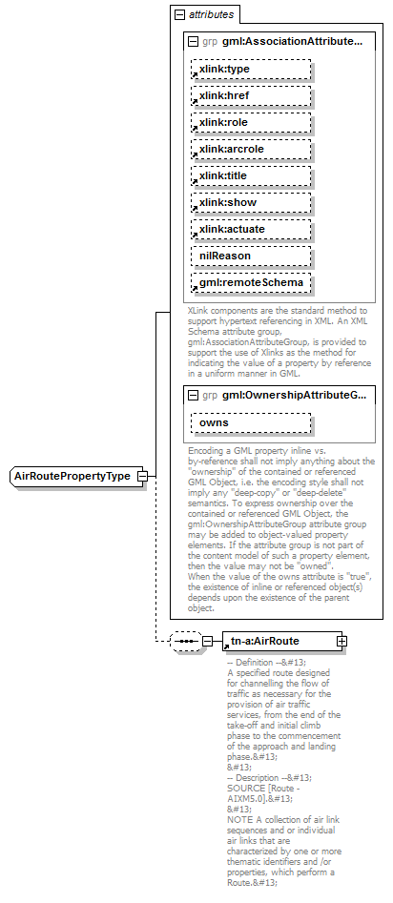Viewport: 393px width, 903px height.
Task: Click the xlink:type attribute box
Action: point(251,70)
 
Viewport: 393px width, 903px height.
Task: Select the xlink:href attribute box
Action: point(251,96)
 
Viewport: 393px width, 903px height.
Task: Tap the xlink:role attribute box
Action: point(251,123)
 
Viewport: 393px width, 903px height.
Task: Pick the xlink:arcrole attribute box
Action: point(251,150)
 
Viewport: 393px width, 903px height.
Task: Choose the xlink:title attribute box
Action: point(251,176)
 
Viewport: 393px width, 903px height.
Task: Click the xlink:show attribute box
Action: point(251,203)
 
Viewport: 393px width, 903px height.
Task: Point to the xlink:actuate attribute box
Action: point(251,230)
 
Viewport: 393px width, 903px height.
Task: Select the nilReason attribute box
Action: point(251,257)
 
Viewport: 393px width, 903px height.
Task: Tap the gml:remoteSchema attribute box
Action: point(251,283)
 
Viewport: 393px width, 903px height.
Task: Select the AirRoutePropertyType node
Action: point(72,476)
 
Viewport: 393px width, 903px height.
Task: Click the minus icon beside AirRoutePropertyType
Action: point(141,476)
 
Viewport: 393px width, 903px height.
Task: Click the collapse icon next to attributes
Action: point(179,15)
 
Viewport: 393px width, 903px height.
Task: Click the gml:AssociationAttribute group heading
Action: point(293,42)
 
